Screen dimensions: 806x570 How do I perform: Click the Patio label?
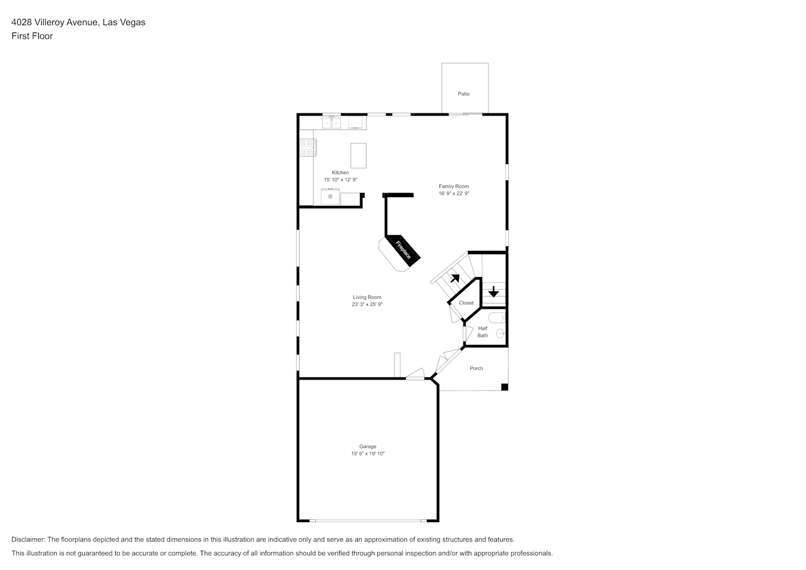(x=463, y=94)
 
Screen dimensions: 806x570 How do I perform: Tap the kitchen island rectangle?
(x=359, y=156)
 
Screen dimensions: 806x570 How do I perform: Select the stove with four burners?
(x=308, y=148)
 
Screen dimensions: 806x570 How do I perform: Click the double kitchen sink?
(x=331, y=123)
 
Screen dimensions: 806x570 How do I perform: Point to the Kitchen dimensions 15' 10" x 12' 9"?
(x=340, y=180)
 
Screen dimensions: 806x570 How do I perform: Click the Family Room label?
(x=454, y=186)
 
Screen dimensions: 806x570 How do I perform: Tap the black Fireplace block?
(x=403, y=250)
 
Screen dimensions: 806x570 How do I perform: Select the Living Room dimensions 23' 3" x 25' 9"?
(x=367, y=304)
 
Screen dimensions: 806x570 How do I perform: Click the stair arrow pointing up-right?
(x=455, y=278)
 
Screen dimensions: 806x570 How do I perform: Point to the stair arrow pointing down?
(x=494, y=291)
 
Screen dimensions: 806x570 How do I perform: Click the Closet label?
(x=466, y=303)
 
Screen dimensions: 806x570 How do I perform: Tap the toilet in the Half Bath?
(x=497, y=317)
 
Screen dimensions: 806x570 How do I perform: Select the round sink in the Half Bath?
(x=500, y=333)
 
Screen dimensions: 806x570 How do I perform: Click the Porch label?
(x=477, y=368)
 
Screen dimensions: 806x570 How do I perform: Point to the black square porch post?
(x=504, y=387)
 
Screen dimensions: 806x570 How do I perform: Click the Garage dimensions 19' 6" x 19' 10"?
(x=368, y=453)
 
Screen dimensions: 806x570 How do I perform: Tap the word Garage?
(x=368, y=446)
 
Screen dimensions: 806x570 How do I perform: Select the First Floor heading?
(x=32, y=36)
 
